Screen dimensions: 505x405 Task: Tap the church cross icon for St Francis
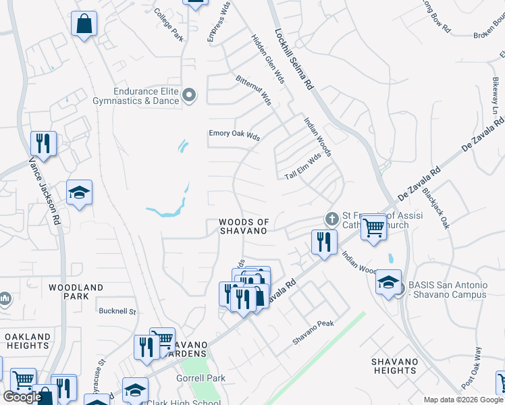pos(331,219)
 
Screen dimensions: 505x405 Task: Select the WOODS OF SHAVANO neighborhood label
pos(244,226)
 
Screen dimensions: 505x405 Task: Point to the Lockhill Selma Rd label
pos(294,59)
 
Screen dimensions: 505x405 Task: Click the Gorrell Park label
pos(202,379)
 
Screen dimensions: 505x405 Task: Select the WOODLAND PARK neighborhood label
pos(76,292)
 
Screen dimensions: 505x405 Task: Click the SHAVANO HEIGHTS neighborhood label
pos(395,366)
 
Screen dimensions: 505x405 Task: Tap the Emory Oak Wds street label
pos(234,135)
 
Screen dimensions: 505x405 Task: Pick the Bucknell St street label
pos(117,312)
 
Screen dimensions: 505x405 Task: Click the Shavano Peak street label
pos(313,333)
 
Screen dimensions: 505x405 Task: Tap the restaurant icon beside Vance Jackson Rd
pos(43,143)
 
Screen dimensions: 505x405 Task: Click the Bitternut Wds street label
pos(253,90)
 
